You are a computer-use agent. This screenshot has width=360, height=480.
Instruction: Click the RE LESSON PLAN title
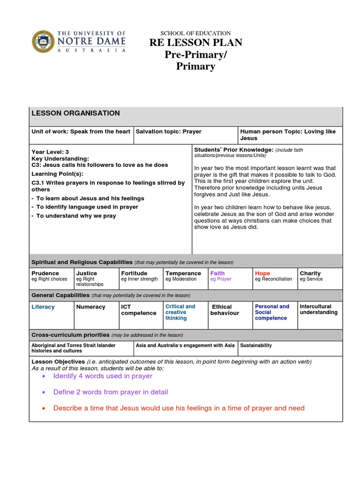tap(195, 43)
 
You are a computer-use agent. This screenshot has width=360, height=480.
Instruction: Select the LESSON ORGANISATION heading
tap(75, 113)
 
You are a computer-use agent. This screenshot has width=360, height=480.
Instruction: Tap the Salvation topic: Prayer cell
tap(168, 132)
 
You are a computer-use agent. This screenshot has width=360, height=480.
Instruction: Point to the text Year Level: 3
tap(50, 152)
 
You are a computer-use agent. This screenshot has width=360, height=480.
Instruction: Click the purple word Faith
tap(217, 273)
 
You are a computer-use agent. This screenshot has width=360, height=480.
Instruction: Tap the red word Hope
tap(262, 273)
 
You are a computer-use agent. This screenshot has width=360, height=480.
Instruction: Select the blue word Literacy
tap(43, 307)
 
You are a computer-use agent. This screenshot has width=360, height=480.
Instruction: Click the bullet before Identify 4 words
tap(44, 376)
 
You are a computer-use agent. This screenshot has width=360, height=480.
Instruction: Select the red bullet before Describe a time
tap(44, 408)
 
